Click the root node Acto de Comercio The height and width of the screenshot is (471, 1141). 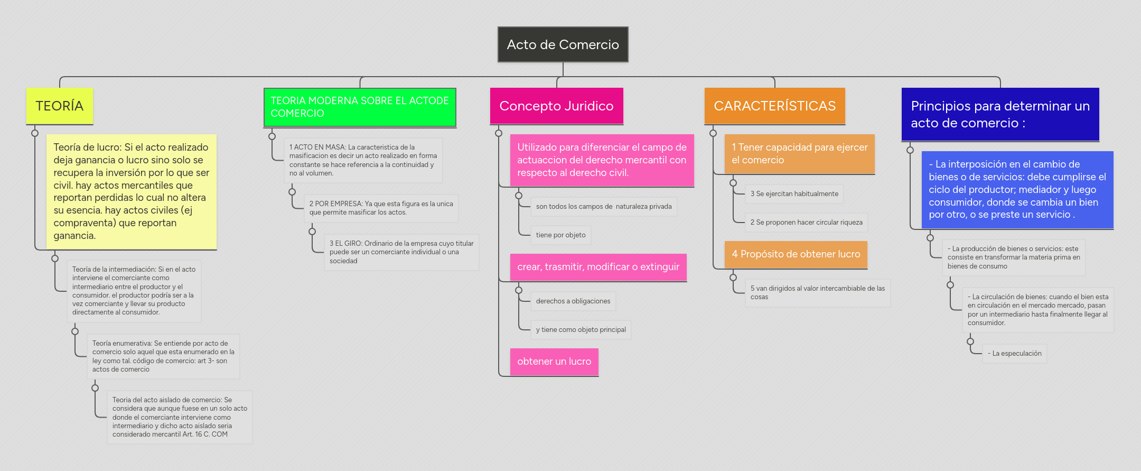[563, 44]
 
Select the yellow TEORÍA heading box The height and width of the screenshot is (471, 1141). [60, 106]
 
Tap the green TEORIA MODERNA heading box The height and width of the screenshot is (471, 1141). [360, 107]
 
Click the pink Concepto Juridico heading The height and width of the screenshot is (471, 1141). [556, 106]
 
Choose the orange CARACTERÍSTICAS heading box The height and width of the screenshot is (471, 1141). [774, 106]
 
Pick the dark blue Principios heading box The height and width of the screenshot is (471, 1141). [1000, 114]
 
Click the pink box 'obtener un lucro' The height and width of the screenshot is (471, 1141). [554, 362]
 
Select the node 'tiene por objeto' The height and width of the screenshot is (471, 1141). [560, 235]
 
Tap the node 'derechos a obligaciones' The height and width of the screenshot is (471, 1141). [573, 301]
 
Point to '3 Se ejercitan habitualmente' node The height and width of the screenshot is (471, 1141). [794, 194]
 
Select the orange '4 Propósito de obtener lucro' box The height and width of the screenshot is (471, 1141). [796, 254]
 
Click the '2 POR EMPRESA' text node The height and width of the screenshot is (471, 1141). [381, 208]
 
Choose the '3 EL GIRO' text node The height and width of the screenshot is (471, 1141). [401, 252]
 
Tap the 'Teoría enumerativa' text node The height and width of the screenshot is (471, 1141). [163, 356]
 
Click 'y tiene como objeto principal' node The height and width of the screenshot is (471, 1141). [581, 330]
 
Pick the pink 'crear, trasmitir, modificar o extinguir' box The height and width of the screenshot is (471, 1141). [598, 267]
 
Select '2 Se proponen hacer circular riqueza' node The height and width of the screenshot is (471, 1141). [806, 223]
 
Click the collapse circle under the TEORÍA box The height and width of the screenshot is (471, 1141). [35, 133]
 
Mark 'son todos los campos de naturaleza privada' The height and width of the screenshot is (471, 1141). [603, 207]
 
